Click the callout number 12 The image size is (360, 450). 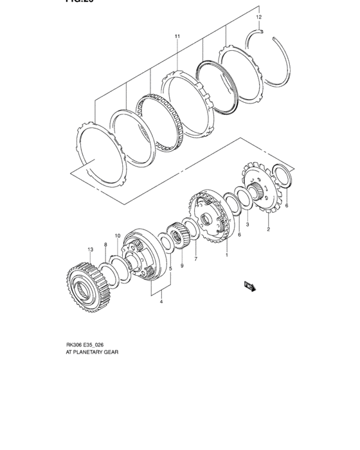pyautogui.click(x=258, y=17)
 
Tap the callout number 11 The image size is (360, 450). pyautogui.click(x=177, y=37)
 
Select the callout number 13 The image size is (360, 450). pyautogui.click(x=91, y=249)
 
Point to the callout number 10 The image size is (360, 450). pyautogui.click(x=118, y=237)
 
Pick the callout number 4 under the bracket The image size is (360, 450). pyautogui.click(x=161, y=301)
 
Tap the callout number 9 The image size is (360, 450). pyautogui.click(x=182, y=265)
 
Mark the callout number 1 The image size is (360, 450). pyautogui.click(x=226, y=255)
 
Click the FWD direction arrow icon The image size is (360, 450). pyautogui.click(x=249, y=285)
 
